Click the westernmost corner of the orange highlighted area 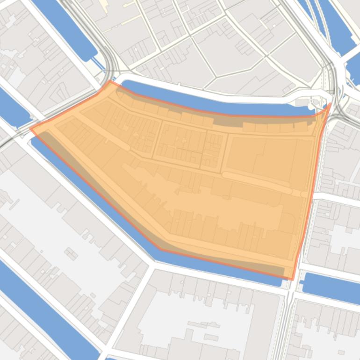point(31,128)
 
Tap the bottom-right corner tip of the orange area point(292,279)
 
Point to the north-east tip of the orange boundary point(330,104)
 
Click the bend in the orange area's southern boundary point(161,249)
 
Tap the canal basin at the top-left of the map point(65,28)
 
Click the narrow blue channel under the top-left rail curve point(99,64)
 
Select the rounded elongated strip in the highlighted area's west point(105,136)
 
